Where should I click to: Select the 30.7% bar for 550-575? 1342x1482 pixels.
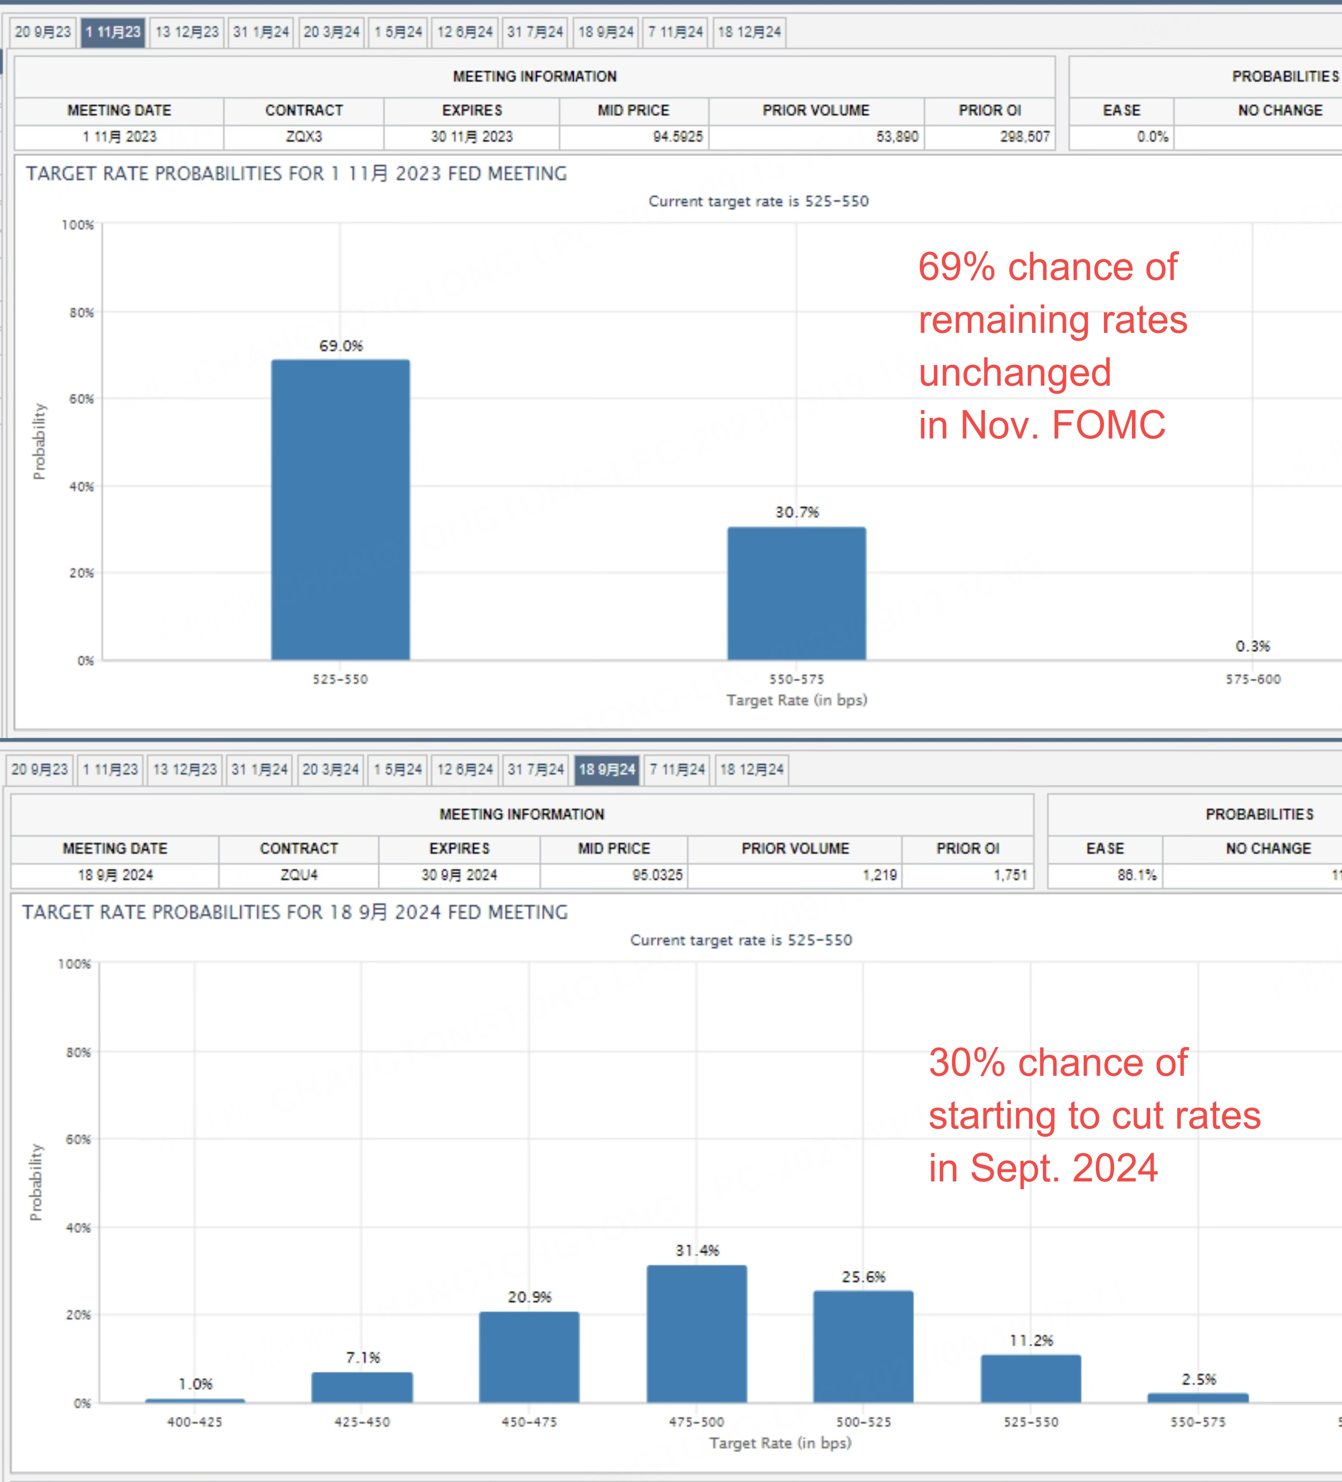click(x=797, y=593)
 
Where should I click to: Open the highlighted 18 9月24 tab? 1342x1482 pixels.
click(x=606, y=770)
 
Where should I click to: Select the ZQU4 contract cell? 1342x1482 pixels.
click(x=298, y=875)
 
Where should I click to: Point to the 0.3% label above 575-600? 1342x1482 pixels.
click(x=1252, y=646)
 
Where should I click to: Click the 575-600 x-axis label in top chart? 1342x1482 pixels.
click(x=1252, y=679)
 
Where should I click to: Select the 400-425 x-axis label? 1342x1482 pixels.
click(x=195, y=1422)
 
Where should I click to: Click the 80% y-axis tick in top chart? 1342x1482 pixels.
click(x=82, y=312)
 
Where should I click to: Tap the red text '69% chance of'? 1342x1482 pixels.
click(x=1047, y=267)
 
